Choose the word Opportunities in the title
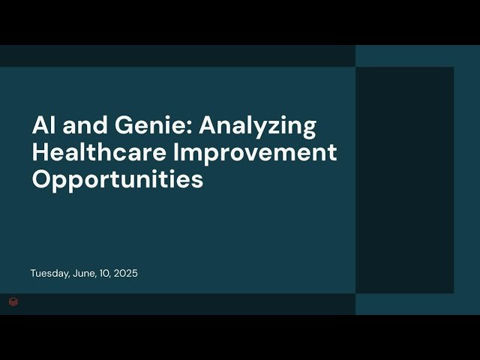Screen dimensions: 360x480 tap(117, 180)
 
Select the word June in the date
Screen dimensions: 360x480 tap(85, 274)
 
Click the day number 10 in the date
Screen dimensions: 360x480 tap(106, 274)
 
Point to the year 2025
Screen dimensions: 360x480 tap(126, 274)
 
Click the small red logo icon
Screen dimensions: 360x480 tap(13, 302)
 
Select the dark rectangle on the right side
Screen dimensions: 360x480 tap(404, 180)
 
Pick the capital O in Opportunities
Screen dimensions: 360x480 tap(41, 180)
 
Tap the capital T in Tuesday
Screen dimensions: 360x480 tap(33, 274)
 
